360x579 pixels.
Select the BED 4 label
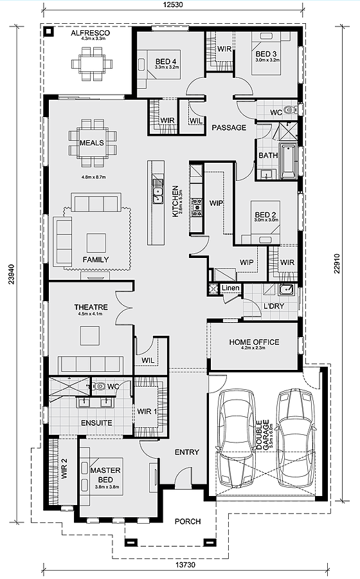point(166,62)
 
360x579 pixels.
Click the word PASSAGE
point(229,127)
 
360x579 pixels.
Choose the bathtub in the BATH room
point(287,163)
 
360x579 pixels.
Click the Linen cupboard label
point(231,288)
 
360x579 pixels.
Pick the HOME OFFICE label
point(254,342)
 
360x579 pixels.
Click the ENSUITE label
point(96,423)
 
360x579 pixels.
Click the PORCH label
point(187,521)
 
